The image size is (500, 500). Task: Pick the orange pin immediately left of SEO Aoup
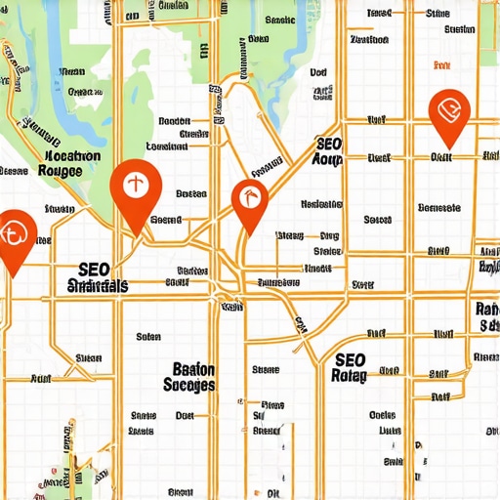pos(250,202)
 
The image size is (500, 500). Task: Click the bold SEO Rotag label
pos(350,367)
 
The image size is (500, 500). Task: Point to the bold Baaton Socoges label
pos(180,378)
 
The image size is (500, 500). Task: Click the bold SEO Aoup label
pos(328,151)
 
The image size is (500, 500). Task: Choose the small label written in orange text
pos(441,65)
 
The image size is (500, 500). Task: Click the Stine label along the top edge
pos(438,15)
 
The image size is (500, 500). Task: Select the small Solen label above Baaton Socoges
pos(148,337)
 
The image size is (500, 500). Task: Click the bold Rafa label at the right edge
pos(486,310)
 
